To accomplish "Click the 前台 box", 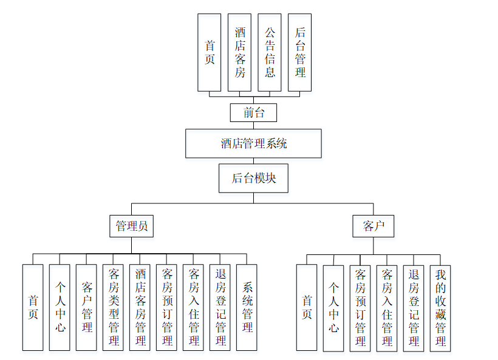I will pyautogui.click(x=253, y=112).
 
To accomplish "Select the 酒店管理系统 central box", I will pyautogui.click(x=253, y=143).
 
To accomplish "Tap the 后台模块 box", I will pyautogui.click(x=253, y=178).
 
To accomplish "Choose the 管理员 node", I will pyautogui.click(x=131, y=226).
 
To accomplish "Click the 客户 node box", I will pyautogui.click(x=373, y=226).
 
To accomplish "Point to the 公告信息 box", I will pyautogui.click(x=270, y=52).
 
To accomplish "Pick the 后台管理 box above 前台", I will pyautogui.click(x=299, y=52).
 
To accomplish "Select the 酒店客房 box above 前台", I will pyautogui.click(x=240, y=52).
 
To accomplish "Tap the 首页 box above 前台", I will pyautogui.click(x=210, y=52).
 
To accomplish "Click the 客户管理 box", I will pyautogui.click(x=86, y=307).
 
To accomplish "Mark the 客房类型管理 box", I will pyautogui.click(x=113, y=307).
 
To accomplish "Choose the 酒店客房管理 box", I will pyautogui.click(x=140, y=307).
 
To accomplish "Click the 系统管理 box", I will pyautogui.click(x=247, y=307).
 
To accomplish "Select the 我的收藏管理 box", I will pyautogui.click(x=440, y=307).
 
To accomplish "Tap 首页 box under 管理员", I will pyautogui.click(x=33, y=307).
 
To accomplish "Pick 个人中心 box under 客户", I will pyautogui.click(x=333, y=307).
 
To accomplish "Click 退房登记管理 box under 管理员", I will pyautogui.click(x=220, y=307).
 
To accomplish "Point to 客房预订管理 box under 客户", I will pyautogui.click(x=360, y=307).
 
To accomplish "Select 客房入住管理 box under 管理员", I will pyautogui.click(x=193, y=307).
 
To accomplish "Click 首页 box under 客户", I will pyautogui.click(x=307, y=307).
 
